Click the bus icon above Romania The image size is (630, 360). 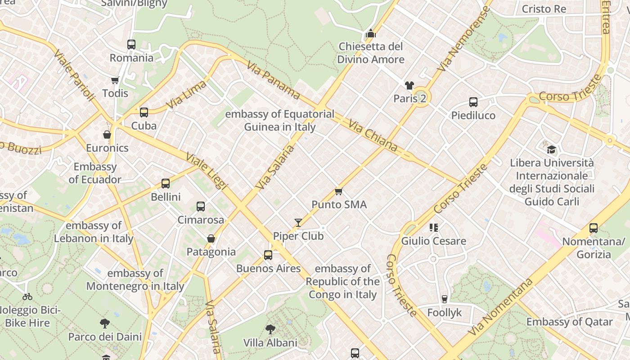131,45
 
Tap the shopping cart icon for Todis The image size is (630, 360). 115,81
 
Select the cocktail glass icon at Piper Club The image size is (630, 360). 298,223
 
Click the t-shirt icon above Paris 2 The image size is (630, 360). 409,85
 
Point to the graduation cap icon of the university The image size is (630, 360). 551,149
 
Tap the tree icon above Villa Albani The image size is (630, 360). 270,329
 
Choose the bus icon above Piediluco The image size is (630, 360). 473,102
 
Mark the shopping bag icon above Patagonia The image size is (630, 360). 211,238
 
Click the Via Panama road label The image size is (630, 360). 273,80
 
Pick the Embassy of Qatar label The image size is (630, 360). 569,322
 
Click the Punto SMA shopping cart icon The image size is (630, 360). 339,192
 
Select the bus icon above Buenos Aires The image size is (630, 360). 268,255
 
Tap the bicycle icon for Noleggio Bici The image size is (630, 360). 27,297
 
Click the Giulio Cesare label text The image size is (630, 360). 433,241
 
